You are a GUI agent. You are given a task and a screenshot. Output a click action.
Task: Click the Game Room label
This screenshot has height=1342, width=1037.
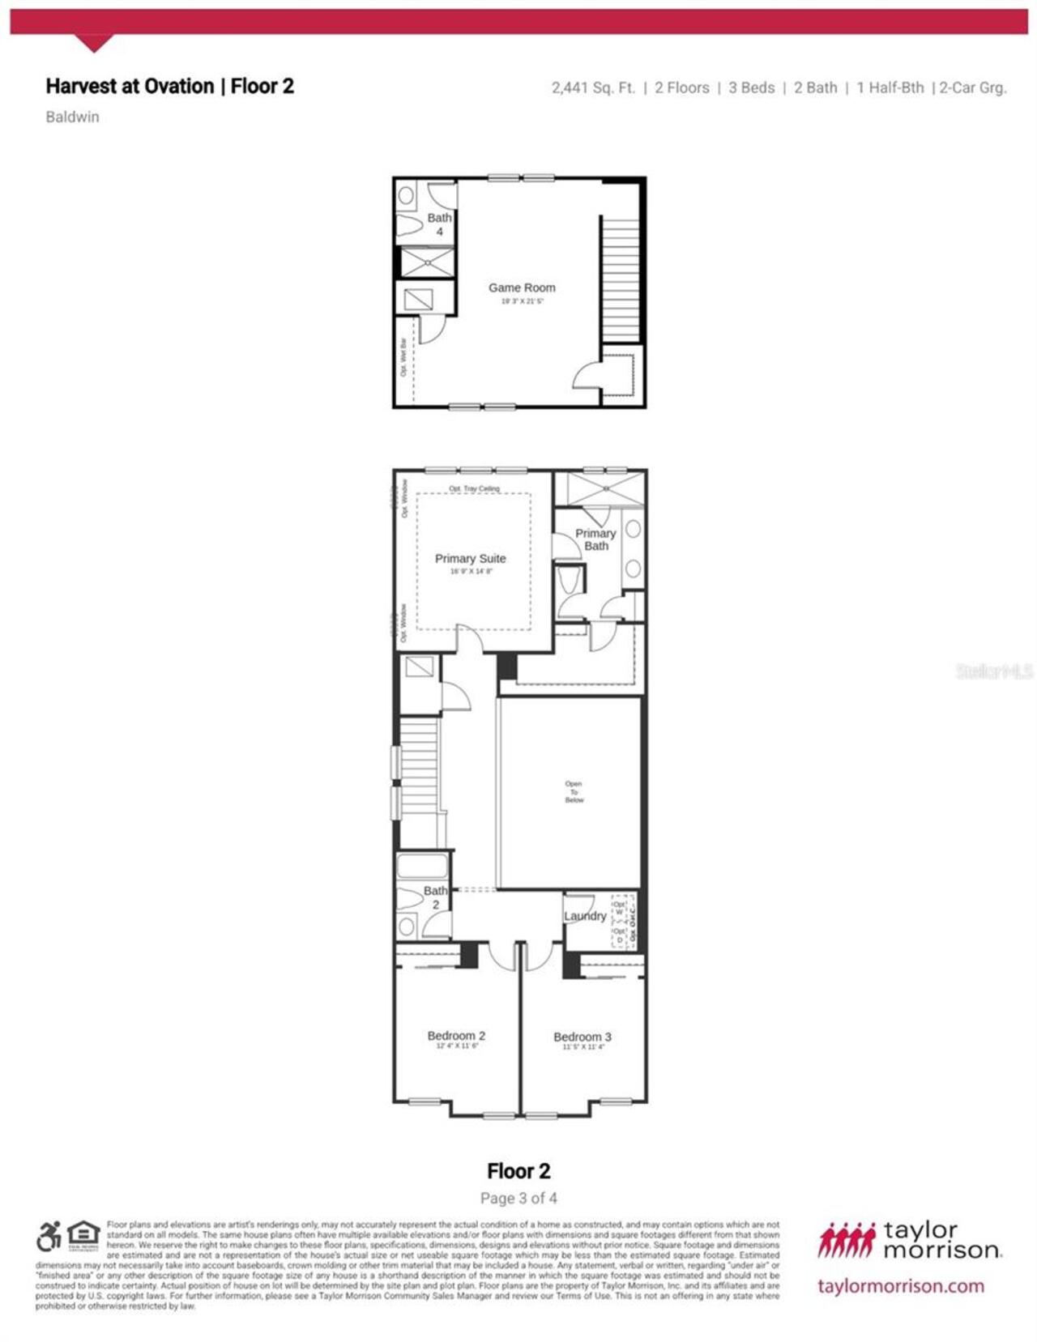pos(522,288)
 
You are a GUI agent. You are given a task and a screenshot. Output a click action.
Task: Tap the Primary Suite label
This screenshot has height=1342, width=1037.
pos(470,559)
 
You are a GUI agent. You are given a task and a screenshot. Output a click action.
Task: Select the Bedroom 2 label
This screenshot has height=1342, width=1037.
pos(456,1036)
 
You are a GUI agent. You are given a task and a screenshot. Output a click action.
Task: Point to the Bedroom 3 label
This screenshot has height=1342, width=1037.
pos(583,1037)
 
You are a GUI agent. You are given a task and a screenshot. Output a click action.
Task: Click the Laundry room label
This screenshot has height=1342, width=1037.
pos(585,916)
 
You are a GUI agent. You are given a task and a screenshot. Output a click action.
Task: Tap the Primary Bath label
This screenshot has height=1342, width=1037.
pos(595,539)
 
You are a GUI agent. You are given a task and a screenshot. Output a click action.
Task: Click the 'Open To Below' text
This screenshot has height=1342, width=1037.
pos(574,792)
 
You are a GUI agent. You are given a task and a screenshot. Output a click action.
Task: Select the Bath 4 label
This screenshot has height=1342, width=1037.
pos(439,224)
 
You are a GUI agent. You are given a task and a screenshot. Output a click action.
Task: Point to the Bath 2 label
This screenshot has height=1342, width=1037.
pos(435,897)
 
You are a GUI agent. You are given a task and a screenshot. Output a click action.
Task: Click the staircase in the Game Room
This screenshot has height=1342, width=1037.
pos(621,279)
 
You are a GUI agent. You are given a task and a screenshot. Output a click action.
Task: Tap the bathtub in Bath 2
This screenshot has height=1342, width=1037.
pos(422,866)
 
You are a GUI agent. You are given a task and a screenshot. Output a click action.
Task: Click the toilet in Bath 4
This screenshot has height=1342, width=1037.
pos(411,226)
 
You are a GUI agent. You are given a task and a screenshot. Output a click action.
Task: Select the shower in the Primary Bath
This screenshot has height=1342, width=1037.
pos(605,489)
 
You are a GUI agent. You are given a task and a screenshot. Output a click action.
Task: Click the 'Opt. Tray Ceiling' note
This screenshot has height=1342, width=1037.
pos(474,489)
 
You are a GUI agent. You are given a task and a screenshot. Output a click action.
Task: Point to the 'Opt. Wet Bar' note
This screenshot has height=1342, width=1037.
pos(403,357)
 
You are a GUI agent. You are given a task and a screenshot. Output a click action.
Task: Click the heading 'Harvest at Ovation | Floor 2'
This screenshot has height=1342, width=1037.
pos(169,87)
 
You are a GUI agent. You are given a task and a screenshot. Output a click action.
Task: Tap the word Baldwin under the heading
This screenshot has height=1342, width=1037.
pos(72,117)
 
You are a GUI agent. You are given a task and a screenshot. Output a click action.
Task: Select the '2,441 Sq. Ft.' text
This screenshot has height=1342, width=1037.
pos(593,87)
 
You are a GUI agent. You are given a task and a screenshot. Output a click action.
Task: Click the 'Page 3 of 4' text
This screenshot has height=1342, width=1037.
pos(518,1198)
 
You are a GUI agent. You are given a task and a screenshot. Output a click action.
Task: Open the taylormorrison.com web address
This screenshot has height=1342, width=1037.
pos(901,1286)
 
